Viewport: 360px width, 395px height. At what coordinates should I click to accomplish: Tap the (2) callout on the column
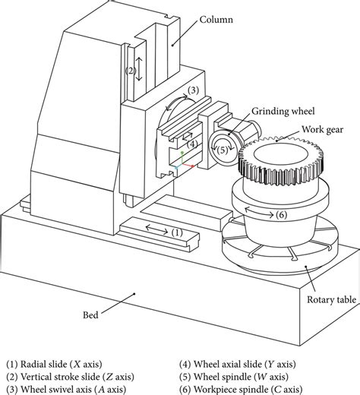131,71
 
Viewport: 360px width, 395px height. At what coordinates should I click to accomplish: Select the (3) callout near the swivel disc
194,90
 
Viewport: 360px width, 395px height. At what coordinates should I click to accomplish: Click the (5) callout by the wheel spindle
222,150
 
